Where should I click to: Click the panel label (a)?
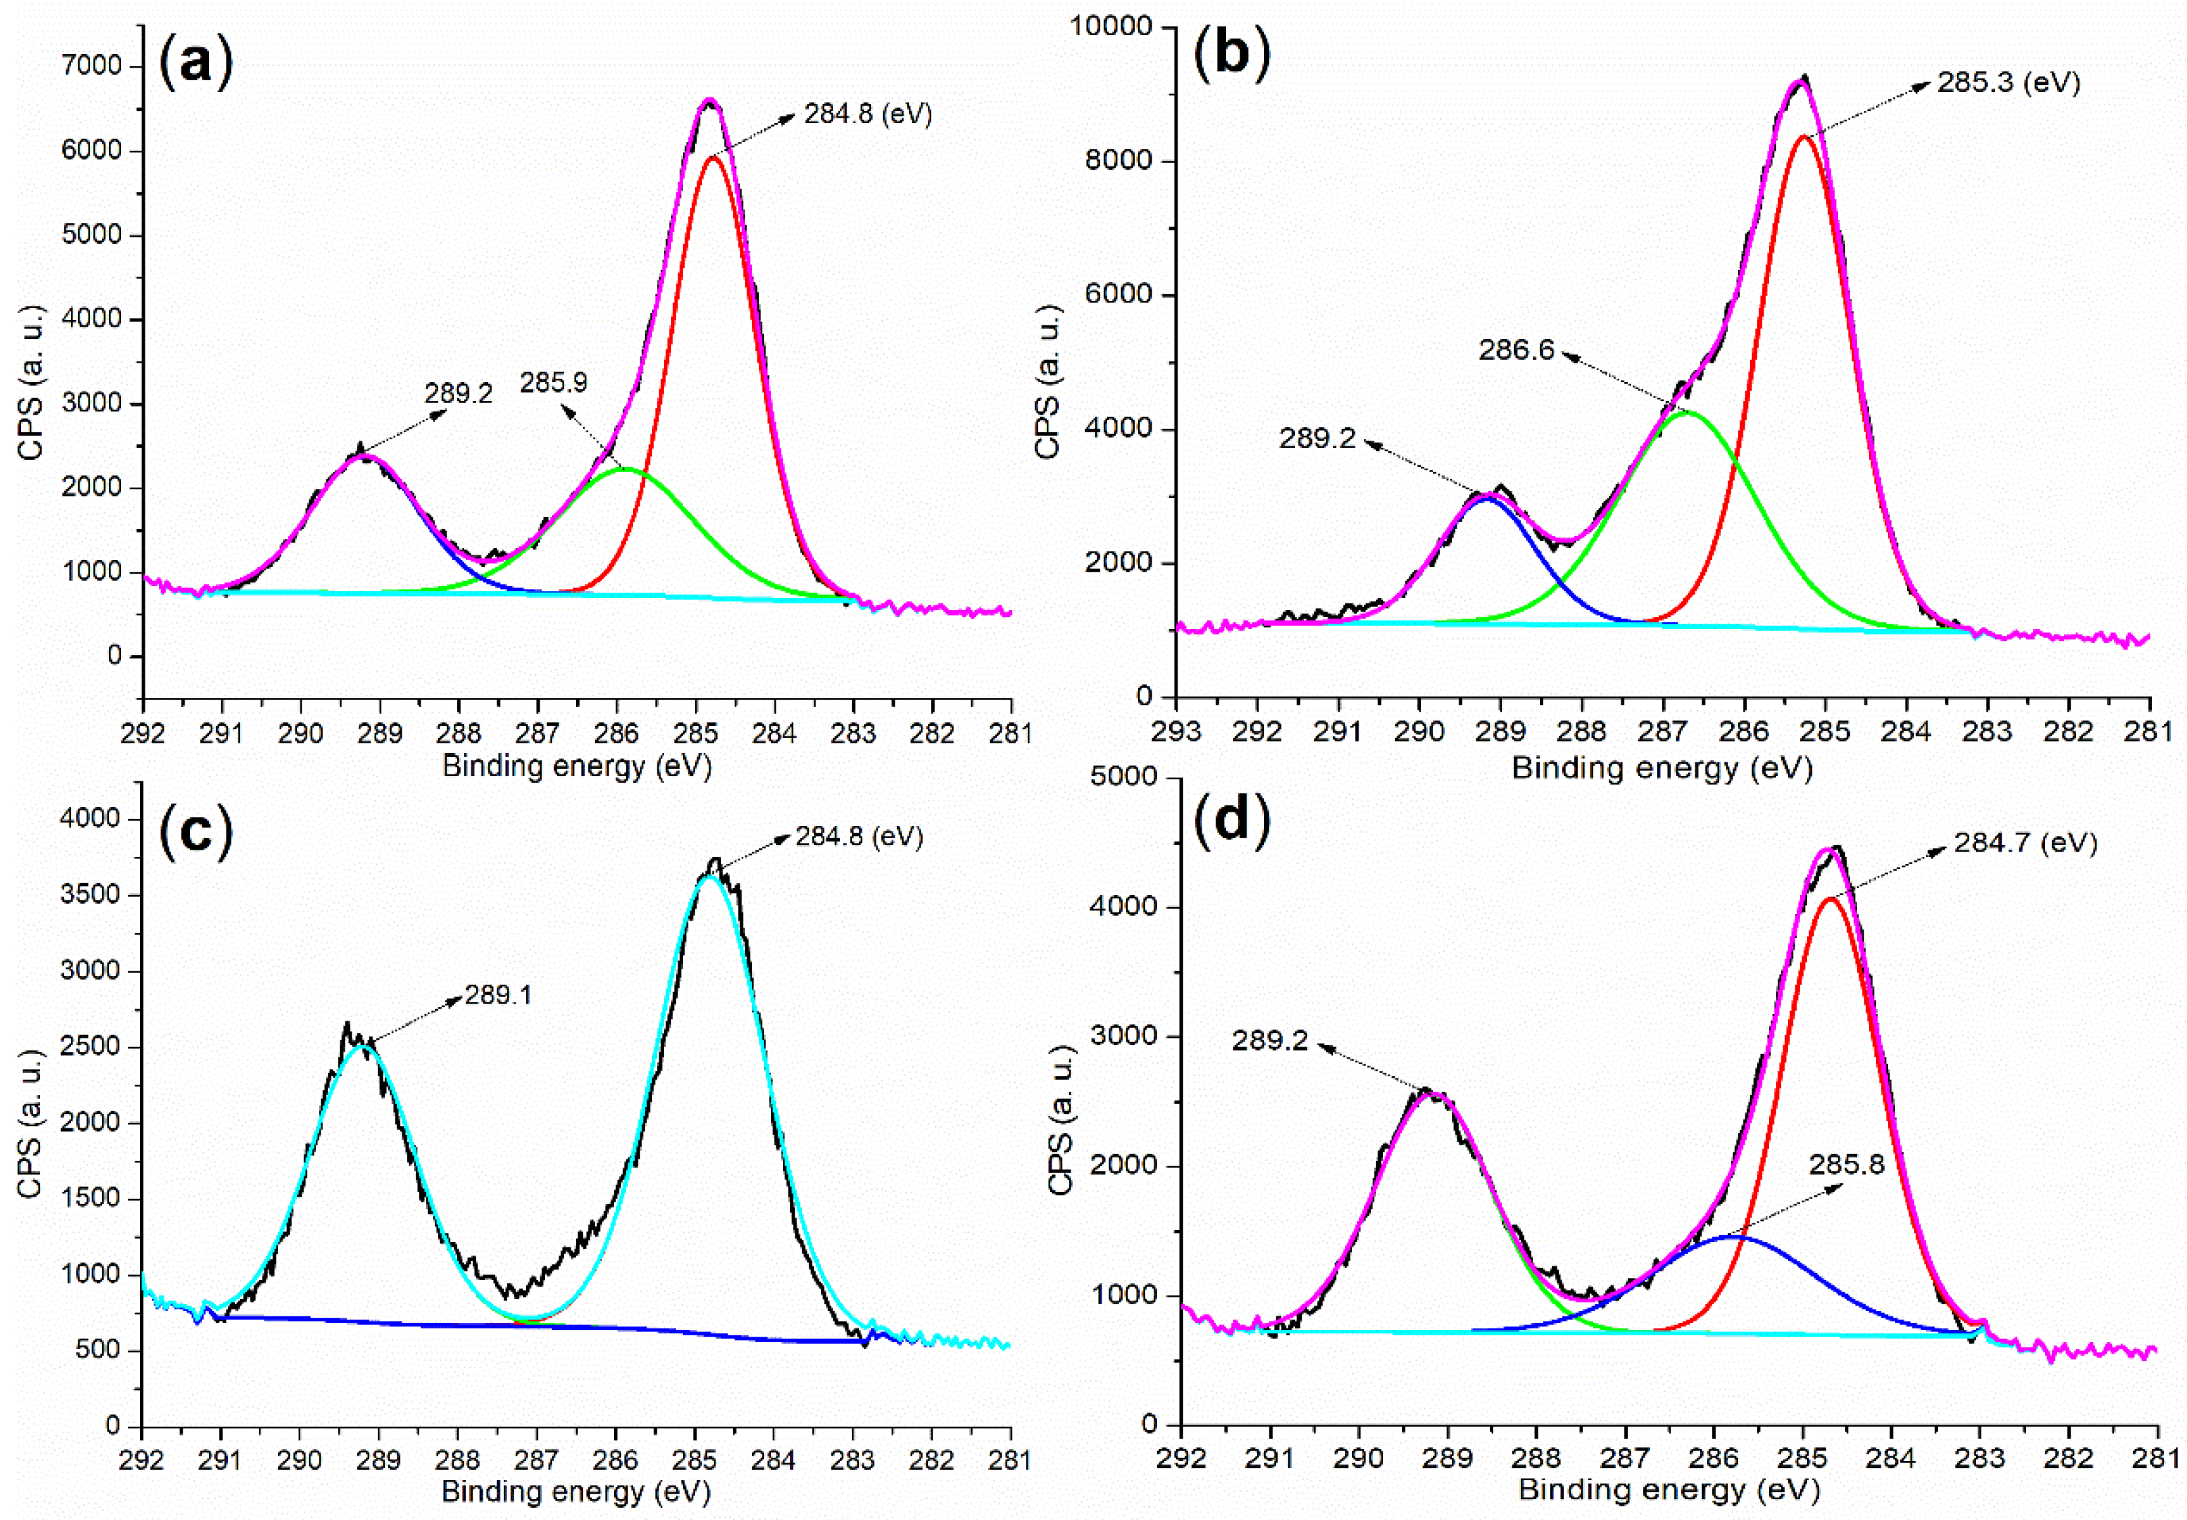coord(196,64)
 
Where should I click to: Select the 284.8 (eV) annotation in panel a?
coord(868,114)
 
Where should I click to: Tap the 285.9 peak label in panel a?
coord(553,383)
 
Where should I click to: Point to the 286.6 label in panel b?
coord(1515,350)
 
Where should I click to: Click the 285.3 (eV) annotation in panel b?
coord(2009,83)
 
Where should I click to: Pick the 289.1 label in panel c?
coord(498,995)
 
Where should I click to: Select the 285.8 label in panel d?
coord(1846,1165)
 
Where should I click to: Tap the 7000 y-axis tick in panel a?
coord(93,66)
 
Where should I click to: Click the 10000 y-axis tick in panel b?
coord(1111,26)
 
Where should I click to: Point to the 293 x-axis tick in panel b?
coord(1177,731)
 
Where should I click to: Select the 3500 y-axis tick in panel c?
coord(93,894)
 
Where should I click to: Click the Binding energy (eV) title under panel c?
coord(576,1492)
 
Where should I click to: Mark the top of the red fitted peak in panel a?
coord(712,157)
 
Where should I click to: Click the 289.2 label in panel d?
coord(1270,1041)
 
